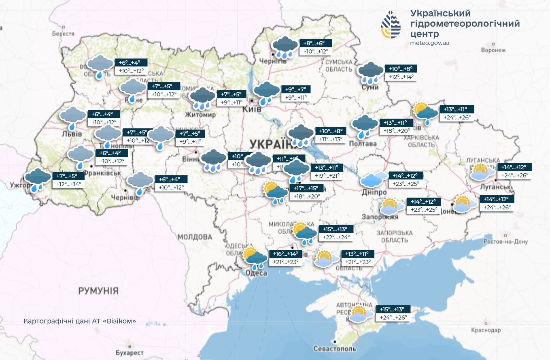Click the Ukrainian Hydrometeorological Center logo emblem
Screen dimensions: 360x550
[x=391, y=25]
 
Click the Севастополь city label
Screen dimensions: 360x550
[x=335, y=349]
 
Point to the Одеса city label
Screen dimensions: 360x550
[x=256, y=273]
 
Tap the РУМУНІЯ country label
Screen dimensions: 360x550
[x=98, y=291]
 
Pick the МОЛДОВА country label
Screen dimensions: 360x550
[x=195, y=237]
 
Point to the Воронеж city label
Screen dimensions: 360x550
[x=493, y=50]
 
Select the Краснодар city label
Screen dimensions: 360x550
[x=486, y=330]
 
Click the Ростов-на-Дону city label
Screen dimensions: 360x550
[x=505, y=242]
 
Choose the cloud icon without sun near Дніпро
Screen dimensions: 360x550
[x=373, y=179]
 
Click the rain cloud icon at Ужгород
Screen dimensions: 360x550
[x=37, y=179]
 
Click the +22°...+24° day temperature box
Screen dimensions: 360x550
[x=336, y=237]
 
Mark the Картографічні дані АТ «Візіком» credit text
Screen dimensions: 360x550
[x=80, y=321]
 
